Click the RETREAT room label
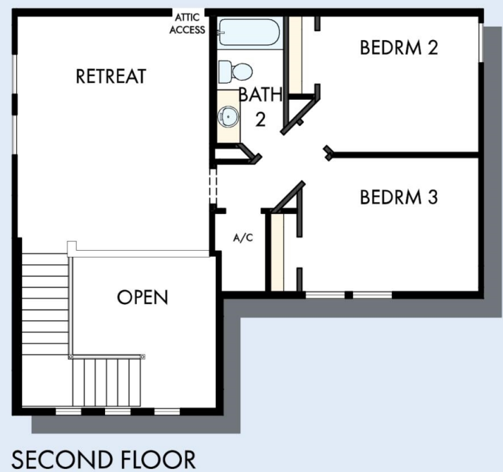click(111, 76)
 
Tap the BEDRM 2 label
click(399, 47)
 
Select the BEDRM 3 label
click(399, 198)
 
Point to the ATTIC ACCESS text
click(187, 24)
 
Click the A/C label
click(243, 238)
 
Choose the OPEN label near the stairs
click(143, 297)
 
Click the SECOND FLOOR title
click(104, 459)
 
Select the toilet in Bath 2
click(235, 73)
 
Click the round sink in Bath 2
click(229, 116)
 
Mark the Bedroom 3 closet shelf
click(277, 252)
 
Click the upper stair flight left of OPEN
click(45, 300)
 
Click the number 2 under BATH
click(260, 120)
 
